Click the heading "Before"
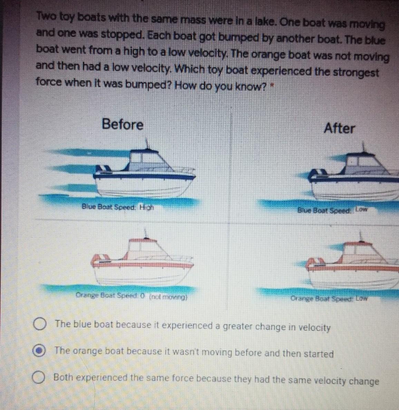[123, 124]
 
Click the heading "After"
[339, 128]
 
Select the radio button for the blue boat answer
[40, 324]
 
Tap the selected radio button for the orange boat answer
[39, 351]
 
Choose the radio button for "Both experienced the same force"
[38, 377]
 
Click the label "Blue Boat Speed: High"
[118, 207]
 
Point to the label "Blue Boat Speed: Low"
[332, 210]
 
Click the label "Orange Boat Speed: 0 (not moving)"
[132, 296]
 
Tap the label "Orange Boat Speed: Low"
[329, 298]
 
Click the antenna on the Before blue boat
[147, 144]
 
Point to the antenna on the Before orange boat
[146, 234]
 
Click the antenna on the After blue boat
[363, 147]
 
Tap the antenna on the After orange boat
[361, 236]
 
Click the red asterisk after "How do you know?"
[272, 85]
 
